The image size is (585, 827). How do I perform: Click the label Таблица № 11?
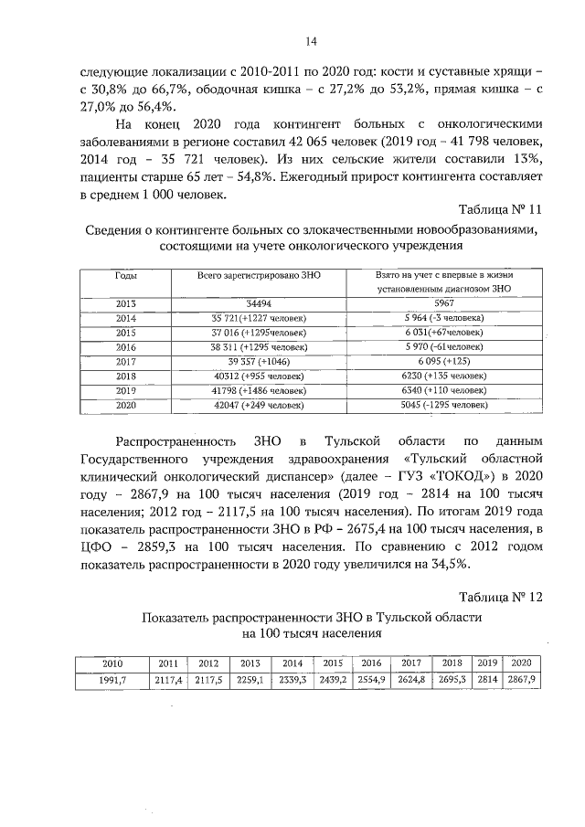click(x=500, y=209)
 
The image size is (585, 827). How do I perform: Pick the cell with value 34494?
click(x=259, y=302)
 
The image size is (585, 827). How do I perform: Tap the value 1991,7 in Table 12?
click(x=113, y=681)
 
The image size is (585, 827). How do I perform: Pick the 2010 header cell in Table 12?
click(x=113, y=663)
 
